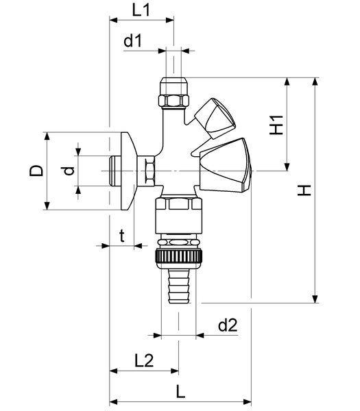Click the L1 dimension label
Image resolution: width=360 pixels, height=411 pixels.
(x=141, y=10)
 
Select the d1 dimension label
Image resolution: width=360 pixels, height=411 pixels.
(x=132, y=41)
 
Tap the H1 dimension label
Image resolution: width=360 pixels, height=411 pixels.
(x=276, y=125)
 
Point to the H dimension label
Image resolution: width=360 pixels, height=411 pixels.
(x=304, y=190)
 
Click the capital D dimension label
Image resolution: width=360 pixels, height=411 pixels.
(x=36, y=171)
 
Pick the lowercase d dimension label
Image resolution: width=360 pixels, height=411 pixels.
(x=69, y=171)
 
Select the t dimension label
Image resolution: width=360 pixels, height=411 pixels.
(x=122, y=236)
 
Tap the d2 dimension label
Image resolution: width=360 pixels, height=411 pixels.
(x=228, y=325)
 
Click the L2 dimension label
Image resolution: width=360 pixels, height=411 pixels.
(x=144, y=360)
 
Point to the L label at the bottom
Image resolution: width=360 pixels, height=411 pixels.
(x=180, y=392)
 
